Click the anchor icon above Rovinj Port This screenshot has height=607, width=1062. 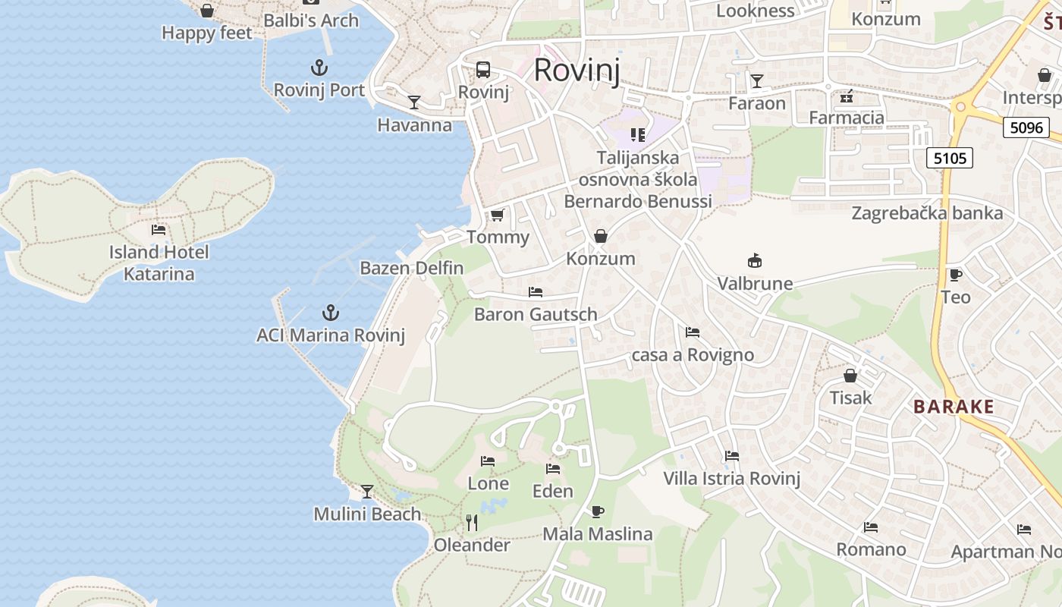coord(319,68)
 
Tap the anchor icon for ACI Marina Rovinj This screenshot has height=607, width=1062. coord(330,313)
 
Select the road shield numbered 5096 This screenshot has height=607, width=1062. coord(1026,127)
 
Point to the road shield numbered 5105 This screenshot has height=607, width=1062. coord(949,158)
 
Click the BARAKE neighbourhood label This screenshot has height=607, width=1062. coord(954,407)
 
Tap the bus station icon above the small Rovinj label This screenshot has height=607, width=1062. coord(483,70)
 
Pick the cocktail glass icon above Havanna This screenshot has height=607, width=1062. coord(414,102)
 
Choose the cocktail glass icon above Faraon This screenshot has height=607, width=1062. coord(756,80)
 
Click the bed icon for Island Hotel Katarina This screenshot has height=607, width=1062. coord(159,229)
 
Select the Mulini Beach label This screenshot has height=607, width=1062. coord(367,514)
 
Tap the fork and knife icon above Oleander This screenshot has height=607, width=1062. coord(472,522)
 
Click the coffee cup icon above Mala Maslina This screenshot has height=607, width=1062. coord(598,511)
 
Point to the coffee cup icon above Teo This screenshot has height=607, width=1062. coord(955,275)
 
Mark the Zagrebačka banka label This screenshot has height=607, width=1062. coord(927,213)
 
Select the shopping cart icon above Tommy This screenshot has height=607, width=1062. coord(498,215)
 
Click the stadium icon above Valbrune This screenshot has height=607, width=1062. coord(755,261)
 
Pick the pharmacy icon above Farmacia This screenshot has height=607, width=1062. coord(846,96)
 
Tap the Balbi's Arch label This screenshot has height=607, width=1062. coord(311,20)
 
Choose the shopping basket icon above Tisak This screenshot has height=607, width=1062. coord(850,376)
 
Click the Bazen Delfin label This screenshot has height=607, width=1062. coord(411,268)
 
